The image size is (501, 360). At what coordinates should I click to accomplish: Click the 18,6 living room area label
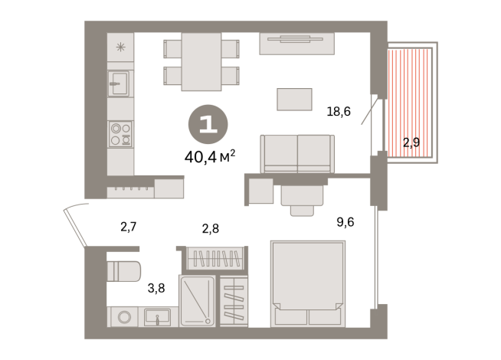pos(339,112)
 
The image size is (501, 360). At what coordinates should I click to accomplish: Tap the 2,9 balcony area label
pos(411,142)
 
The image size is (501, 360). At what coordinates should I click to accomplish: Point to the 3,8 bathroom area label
pos(156,289)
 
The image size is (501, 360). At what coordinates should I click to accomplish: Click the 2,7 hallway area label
pos(128,226)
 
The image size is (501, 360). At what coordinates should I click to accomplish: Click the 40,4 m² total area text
pos(209,157)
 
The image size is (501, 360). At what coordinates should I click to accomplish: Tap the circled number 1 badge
pos(208,126)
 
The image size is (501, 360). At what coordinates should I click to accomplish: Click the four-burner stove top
pos(120,134)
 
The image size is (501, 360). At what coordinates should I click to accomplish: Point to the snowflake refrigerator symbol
pos(120,47)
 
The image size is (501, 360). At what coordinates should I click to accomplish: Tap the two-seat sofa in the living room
pos(296,153)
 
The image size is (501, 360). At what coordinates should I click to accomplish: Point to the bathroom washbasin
pos(157,316)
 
